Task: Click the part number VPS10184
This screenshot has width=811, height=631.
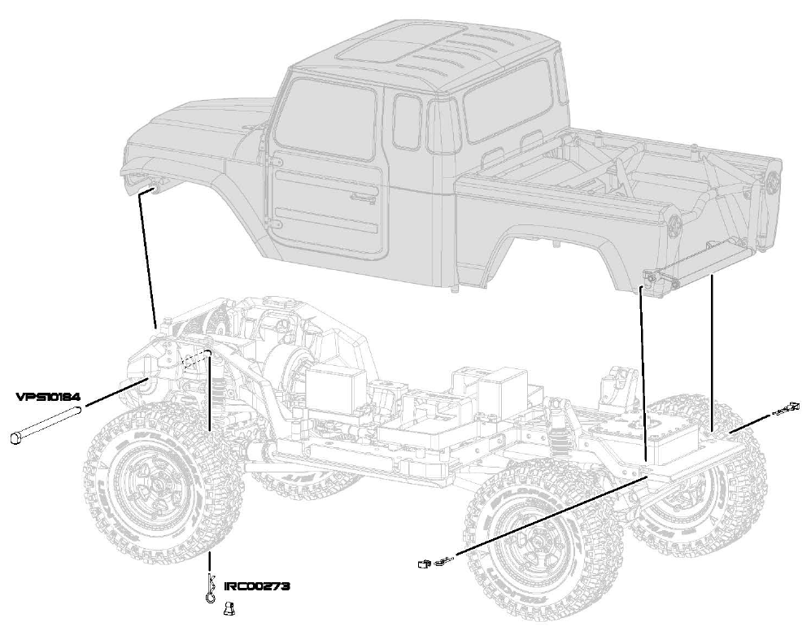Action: [48, 397]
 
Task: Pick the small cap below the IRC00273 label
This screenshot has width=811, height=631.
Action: [228, 606]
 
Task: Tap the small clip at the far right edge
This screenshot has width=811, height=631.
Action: [785, 410]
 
